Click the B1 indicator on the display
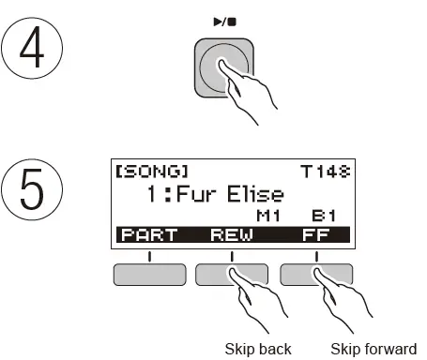coord(324,217)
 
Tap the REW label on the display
coord(232,235)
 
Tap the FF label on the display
coord(315,235)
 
